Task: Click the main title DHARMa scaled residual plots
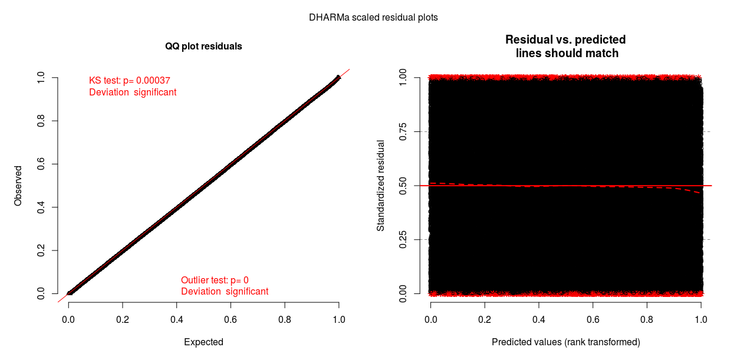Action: [373, 18]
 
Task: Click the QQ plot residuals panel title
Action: [203, 46]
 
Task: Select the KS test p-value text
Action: [130, 80]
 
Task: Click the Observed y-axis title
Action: [18, 186]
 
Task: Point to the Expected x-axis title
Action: [203, 342]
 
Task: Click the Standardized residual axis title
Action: [381, 186]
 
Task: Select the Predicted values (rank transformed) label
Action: [565, 342]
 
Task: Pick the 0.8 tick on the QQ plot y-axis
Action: [41, 121]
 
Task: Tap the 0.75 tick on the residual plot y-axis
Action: [403, 131]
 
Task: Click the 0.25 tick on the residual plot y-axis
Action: [403, 239]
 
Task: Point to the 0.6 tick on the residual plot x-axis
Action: [593, 319]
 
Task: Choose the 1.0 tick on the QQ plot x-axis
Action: [338, 319]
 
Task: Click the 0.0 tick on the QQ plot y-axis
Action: [41, 293]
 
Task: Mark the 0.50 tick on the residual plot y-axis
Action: [403, 186]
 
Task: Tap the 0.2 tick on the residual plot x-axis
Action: [485, 319]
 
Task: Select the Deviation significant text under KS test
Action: [133, 93]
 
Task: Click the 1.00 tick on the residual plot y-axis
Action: [403, 78]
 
